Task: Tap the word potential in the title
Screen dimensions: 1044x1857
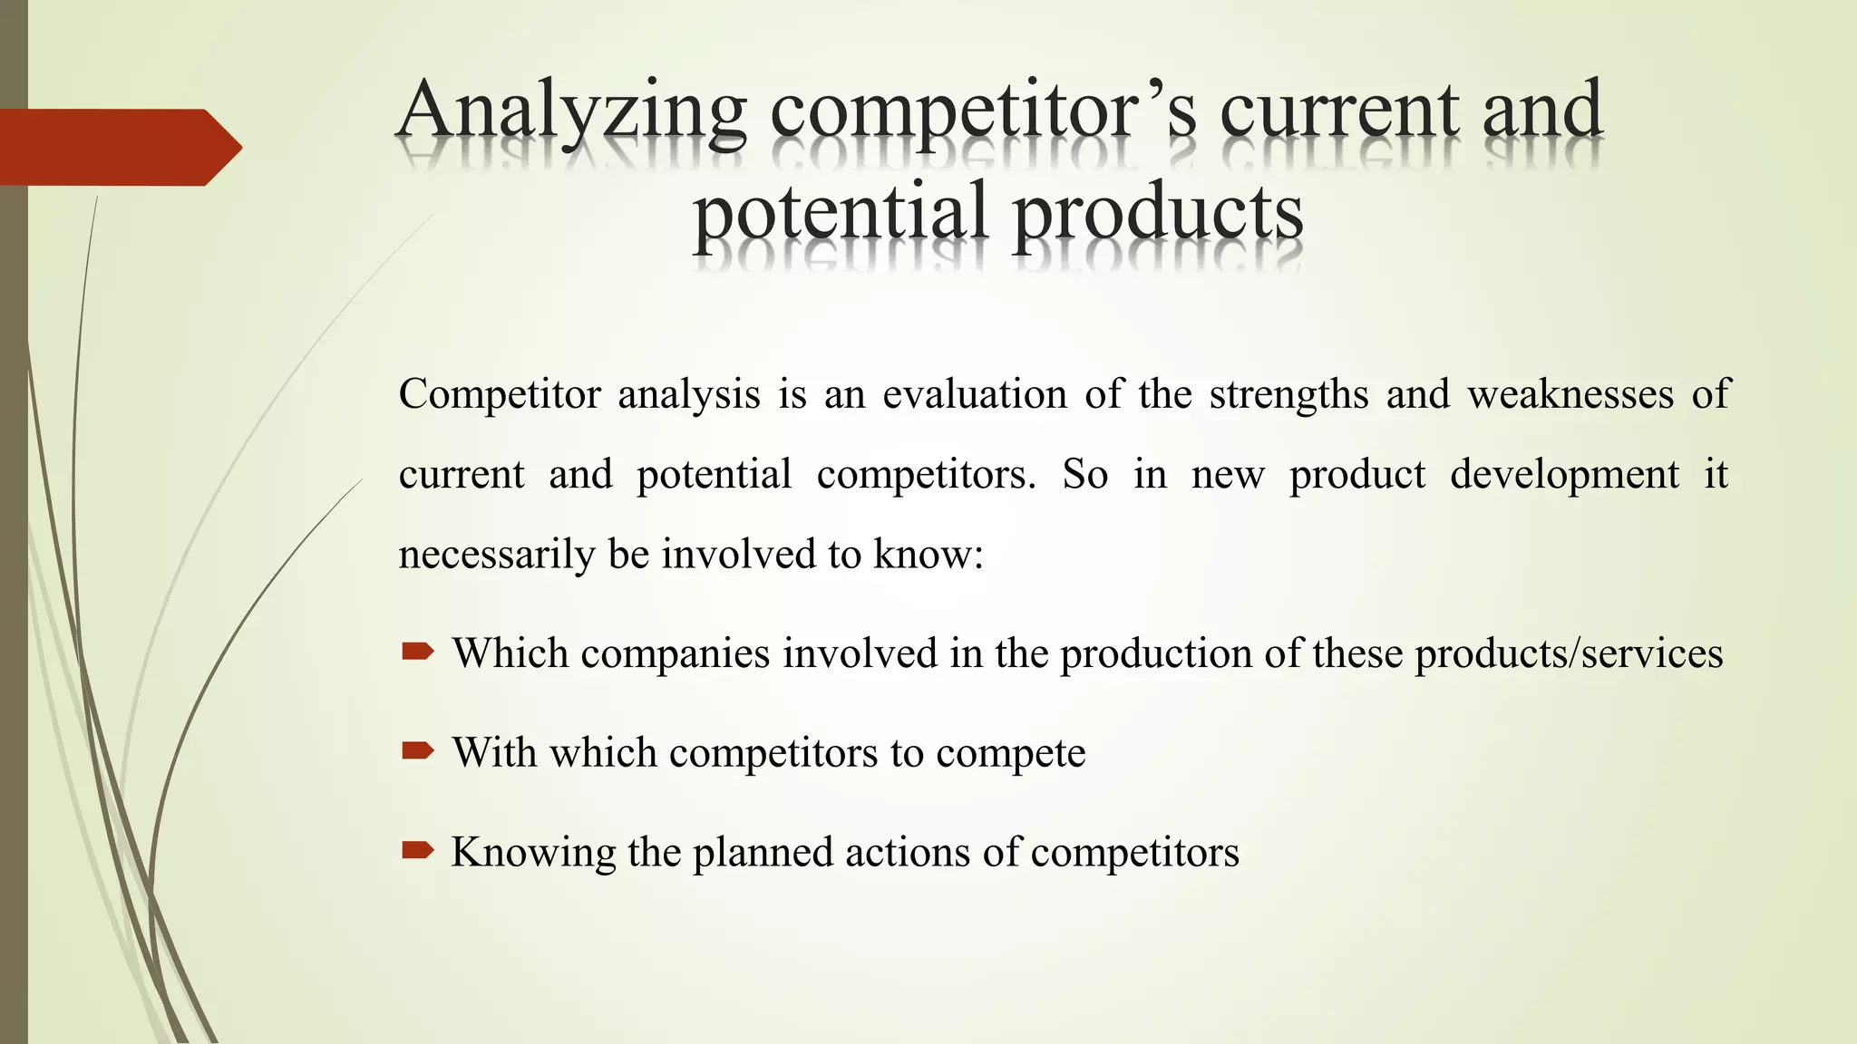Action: (x=840, y=214)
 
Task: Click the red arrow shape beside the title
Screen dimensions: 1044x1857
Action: (x=118, y=147)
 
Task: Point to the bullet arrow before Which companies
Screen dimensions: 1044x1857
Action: (x=418, y=651)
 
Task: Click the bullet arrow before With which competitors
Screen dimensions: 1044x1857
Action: (x=418, y=750)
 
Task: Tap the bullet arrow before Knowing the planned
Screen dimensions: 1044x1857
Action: (x=418, y=849)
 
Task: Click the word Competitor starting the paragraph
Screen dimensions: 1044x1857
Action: (x=500, y=394)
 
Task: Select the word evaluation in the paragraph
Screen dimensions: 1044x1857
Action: (x=975, y=394)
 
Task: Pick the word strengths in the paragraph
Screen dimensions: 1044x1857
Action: (x=1288, y=394)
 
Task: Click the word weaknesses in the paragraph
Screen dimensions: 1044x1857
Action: (x=1570, y=394)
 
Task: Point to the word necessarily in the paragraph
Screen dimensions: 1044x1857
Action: (x=496, y=555)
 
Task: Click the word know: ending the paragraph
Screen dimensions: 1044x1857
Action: (x=928, y=554)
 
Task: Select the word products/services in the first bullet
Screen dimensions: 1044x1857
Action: (x=1569, y=653)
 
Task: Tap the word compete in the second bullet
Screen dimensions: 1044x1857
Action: (x=1010, y=753)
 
